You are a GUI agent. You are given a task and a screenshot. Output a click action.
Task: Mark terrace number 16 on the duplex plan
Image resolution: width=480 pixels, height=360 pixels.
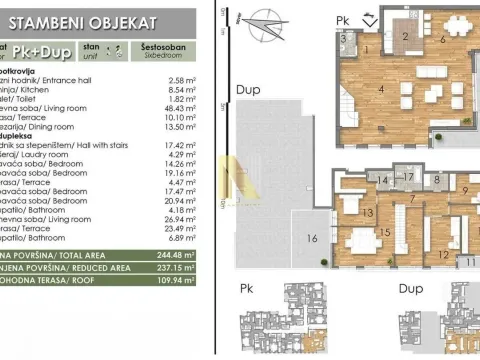(313, 238)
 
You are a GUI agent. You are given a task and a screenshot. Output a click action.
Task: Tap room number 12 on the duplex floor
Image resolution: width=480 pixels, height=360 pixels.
(443, 254)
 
